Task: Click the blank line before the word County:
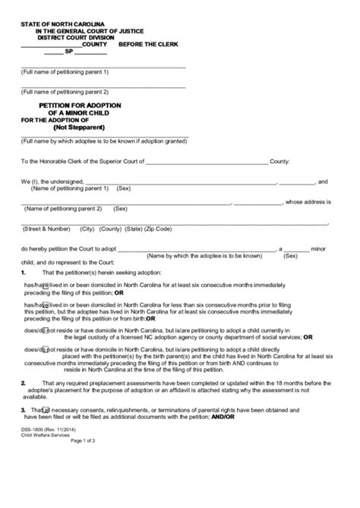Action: [206, 162]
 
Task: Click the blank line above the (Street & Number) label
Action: [174, 222]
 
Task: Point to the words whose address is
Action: [309, 202]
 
